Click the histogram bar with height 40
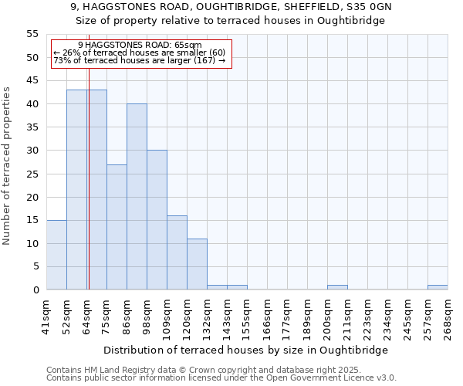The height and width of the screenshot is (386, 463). (137, 197)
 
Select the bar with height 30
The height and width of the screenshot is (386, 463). (157, 220)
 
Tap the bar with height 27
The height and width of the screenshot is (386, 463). (117, 227)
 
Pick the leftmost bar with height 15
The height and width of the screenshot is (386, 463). (56, 255)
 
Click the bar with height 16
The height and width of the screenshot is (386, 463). (177, 252)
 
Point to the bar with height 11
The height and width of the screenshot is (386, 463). (197, 264)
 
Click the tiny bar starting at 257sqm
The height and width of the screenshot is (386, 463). (438, 287)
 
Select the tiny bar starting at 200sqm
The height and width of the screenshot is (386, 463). (337, 287)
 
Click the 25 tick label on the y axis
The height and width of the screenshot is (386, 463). (32, 174)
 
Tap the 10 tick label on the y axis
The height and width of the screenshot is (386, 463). (32, 243)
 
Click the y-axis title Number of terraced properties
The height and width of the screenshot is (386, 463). (7, 165)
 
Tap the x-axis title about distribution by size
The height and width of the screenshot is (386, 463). (245, 350)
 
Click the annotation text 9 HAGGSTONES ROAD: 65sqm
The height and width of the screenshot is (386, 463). (140, 46)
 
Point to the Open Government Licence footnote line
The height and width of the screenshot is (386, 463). (221, 378)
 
